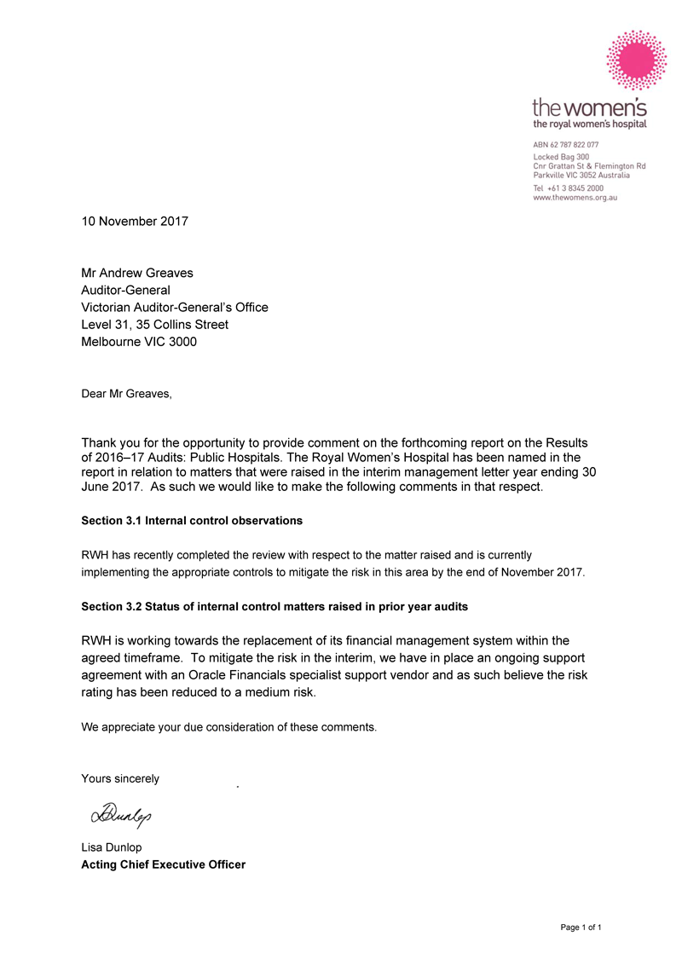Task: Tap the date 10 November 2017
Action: pyautogui.click(x=135, y=222)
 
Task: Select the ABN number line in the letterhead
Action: pyautogui.click(x=566, y=145)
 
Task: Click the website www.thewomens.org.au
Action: pyautogui.click(x=575, y=197)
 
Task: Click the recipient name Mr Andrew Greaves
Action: pyautogui.click(x=137, y=273)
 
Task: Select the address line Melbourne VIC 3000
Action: pyautogui.click(x=139, y=342)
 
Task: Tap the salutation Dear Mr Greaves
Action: pyautogui.click(x=126, y=394)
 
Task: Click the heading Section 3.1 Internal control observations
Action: pyautogui.click(x=192, y=520)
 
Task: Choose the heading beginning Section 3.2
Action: pyautogui.click(x=275, y=607)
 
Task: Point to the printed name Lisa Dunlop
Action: pyautogui.click(x=112, y=847)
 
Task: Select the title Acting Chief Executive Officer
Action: pyautogui.click(x=163, y=864)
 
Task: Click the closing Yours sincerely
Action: pyautogui.click(x=120, y=778)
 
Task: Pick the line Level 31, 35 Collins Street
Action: pyautogui.click(x=154, y=325)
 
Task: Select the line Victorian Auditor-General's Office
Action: pyautogui.click(x=175, y=307)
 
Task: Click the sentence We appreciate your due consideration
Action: pyautogui.click(x=228, y=727)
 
